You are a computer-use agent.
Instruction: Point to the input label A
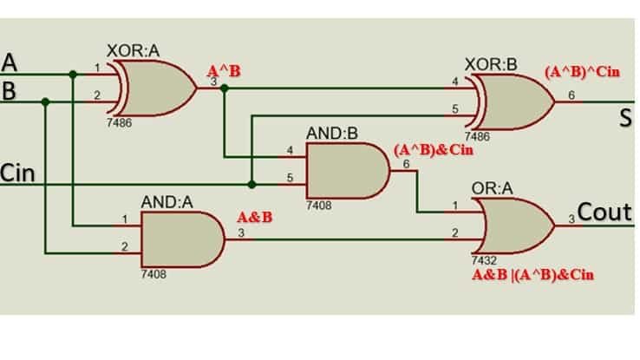[x=10, y=62]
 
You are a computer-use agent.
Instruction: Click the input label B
[x=10, y=90]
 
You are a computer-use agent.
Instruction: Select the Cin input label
[x=18, y=173]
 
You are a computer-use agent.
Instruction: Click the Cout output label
[x=605, y=213]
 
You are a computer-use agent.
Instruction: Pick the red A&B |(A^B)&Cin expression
[x=532, y=275]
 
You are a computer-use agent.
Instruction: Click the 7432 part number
[x=482, y=259]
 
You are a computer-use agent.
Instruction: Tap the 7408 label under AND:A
[x=153, y=274]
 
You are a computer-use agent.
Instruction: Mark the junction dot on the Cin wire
[x=251, y=184]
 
